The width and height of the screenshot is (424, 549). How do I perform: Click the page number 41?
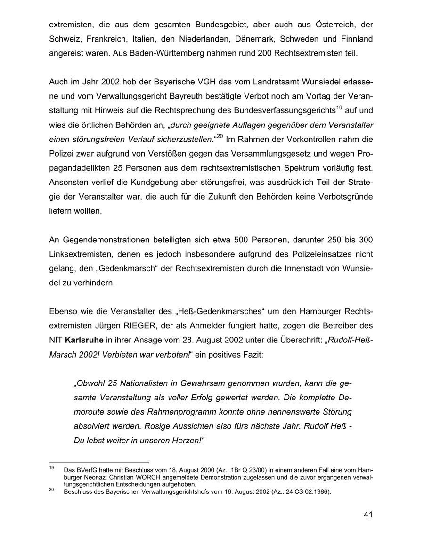[368, 515]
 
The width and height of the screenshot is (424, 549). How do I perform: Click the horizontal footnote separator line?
[99, 462]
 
